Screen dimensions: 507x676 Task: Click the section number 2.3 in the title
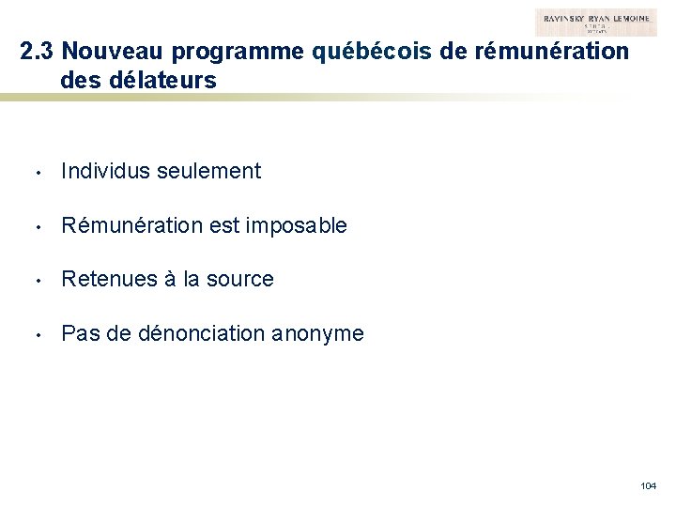click(38, 52)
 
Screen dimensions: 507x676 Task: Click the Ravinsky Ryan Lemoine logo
click(596, 23)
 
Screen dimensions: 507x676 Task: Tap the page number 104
click(648, 485)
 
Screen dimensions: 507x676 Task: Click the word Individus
click(101, 171)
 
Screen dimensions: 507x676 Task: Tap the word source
click(240, 279)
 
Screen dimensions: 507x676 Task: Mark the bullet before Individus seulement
click(33, 172)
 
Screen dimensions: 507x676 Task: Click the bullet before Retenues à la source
click(33, 280)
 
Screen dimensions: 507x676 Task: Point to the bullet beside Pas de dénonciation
click(33, 334)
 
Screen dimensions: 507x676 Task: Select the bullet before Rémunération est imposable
click(33, 226)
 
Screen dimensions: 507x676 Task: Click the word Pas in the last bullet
click(78, 333)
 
